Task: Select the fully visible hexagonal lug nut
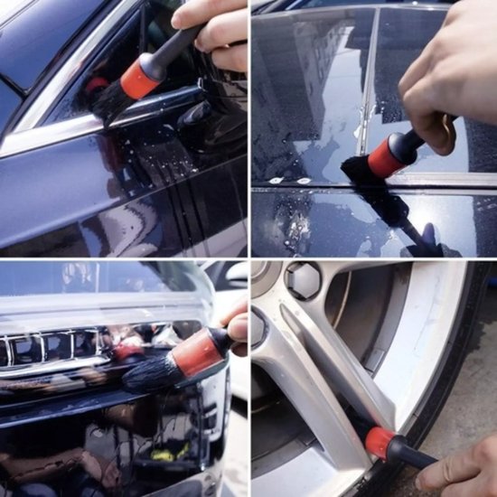coord(304,280)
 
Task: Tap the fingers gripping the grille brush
coord(237,330)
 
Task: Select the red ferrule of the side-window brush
coord(140,80)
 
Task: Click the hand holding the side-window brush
coord(212,27)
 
